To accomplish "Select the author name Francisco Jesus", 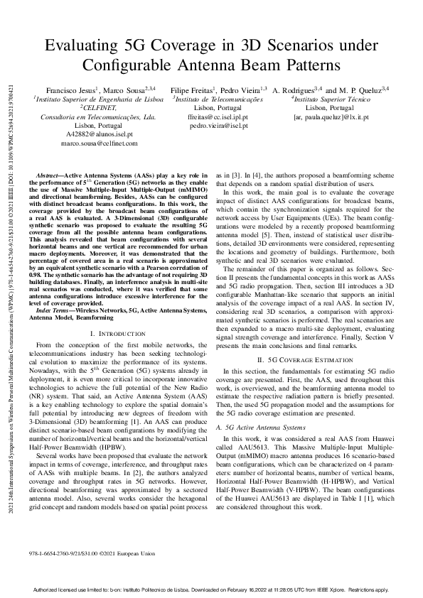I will tap(69, 90).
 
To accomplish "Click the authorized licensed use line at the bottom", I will tap(211, 589).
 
